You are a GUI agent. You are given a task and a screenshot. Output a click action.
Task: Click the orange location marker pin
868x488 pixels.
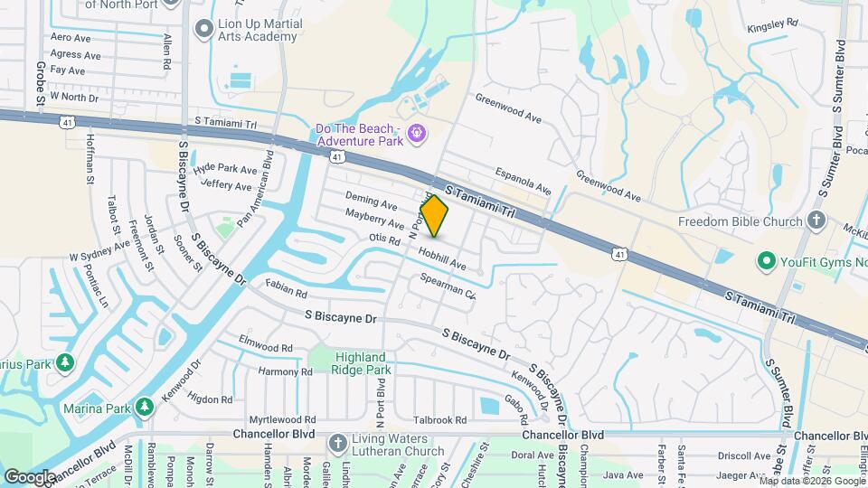point(434,215)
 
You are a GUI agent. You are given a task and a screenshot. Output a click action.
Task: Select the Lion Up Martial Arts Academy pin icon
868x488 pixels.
point(203,30)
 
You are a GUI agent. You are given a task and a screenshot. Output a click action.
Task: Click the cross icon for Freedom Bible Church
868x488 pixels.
point(816,221)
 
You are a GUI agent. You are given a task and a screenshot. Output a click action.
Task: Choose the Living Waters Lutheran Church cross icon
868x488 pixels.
point(337,443)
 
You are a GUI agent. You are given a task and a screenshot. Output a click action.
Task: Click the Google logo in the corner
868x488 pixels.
point(30,475)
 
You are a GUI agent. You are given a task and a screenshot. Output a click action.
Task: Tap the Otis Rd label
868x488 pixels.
point(384,240)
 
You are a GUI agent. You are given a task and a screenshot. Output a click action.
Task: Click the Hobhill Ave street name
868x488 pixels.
point(441,259)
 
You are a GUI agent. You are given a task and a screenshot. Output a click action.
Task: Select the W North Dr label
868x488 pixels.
point(73,96)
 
